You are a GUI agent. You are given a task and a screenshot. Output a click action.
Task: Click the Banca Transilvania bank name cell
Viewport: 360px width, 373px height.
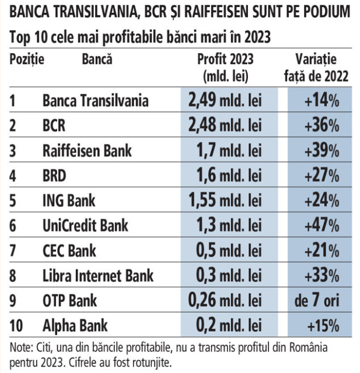[95, 101]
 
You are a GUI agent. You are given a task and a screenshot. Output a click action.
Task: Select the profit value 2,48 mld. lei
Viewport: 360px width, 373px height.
[224, 125]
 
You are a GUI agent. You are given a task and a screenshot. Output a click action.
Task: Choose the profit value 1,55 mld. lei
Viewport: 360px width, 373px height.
[224, 200]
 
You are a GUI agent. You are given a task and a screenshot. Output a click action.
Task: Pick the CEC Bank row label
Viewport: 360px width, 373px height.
[70, 251]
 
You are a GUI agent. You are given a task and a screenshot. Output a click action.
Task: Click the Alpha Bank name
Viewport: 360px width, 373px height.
[75, 326]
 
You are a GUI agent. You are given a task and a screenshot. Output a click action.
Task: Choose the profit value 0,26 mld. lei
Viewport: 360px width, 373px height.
[224, 301]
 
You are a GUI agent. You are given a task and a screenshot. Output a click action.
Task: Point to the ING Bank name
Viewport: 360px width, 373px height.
[68, 200]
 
